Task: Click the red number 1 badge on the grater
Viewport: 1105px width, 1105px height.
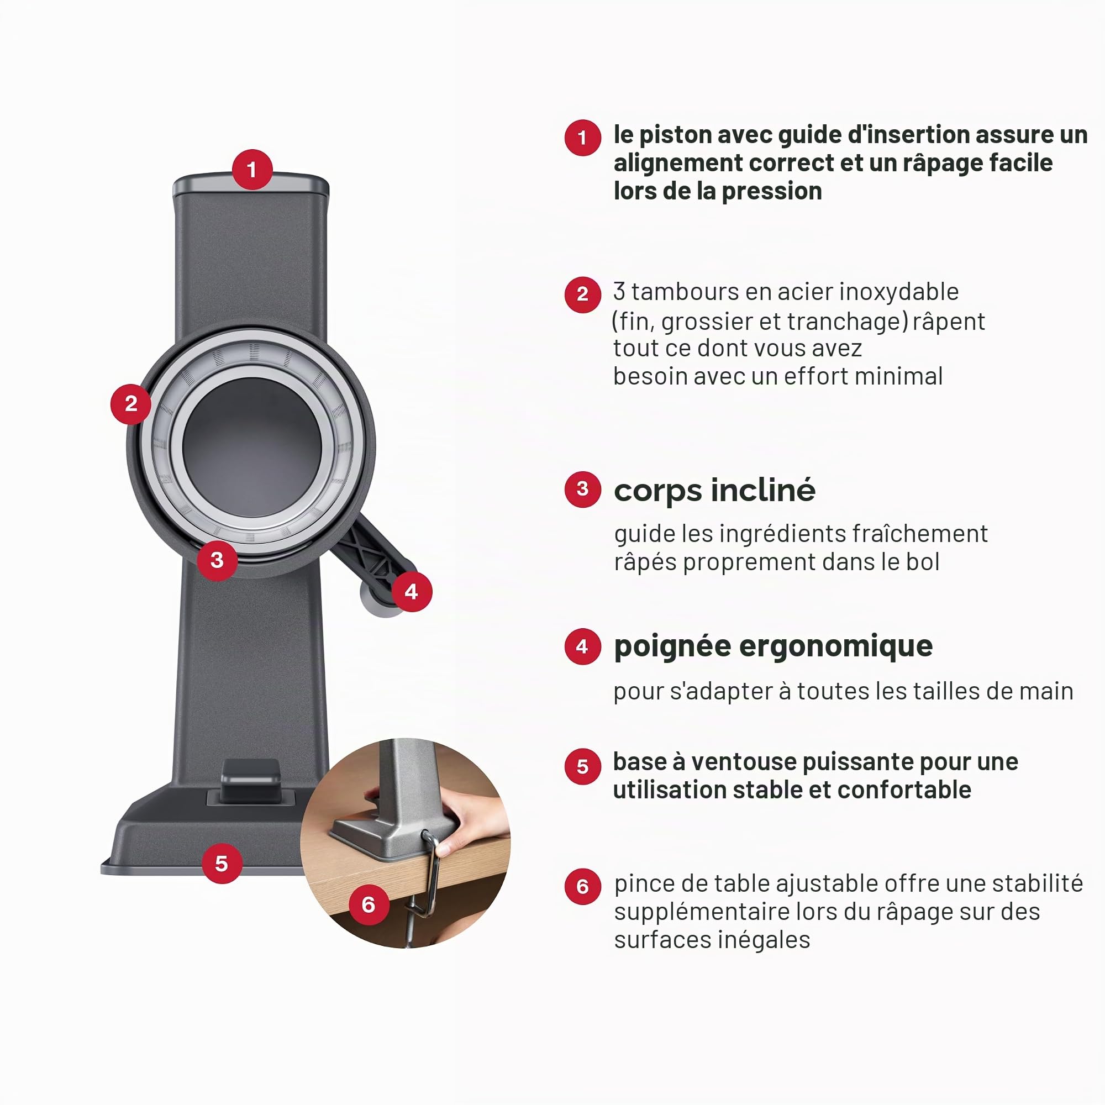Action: coord(251,169)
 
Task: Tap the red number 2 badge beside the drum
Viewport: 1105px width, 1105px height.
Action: coord(131,404)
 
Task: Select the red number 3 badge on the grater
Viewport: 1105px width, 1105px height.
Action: coord(217,560)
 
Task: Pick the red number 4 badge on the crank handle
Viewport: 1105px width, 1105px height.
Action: coord(411,591)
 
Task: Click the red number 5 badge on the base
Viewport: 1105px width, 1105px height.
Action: coord(222,863)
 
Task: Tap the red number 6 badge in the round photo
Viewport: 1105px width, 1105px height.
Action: coord(369,904)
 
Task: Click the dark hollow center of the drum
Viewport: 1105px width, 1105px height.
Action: coord(252,446)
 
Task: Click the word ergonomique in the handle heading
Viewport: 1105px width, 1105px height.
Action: coord(836,647)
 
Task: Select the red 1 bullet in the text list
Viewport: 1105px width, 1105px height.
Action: coord(582,137)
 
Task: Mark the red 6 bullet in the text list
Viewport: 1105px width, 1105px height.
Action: coord(582,887)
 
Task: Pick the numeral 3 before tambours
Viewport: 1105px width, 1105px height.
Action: coord(619,292)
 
